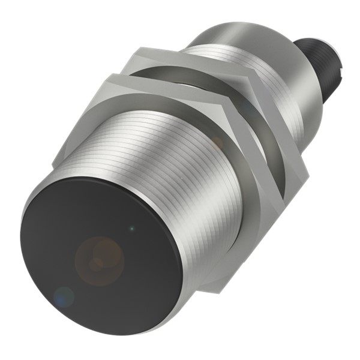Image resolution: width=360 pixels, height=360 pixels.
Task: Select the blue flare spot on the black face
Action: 62,295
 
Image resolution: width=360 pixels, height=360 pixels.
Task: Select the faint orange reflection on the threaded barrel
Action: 216,142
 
